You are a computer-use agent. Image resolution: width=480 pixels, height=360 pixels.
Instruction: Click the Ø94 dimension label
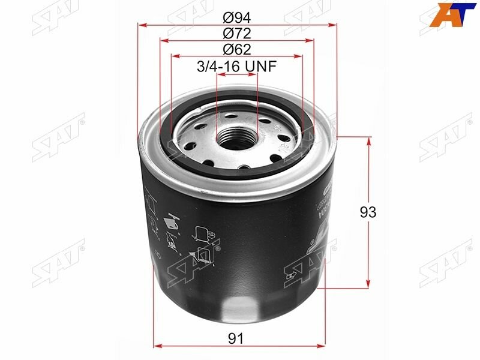[236, 16]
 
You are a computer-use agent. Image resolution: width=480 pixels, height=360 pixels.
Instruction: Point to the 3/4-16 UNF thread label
[236, 67]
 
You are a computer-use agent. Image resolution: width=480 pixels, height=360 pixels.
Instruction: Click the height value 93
[368, 212]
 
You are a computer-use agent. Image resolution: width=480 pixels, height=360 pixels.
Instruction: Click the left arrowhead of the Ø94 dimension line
[142, 25]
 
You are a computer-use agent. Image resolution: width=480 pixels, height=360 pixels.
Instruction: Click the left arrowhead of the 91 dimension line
[158, 346]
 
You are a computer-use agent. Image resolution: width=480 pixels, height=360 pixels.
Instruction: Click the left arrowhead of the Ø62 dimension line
[175, 57]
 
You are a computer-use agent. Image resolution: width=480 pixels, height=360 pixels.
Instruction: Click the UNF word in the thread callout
[262, 67]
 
